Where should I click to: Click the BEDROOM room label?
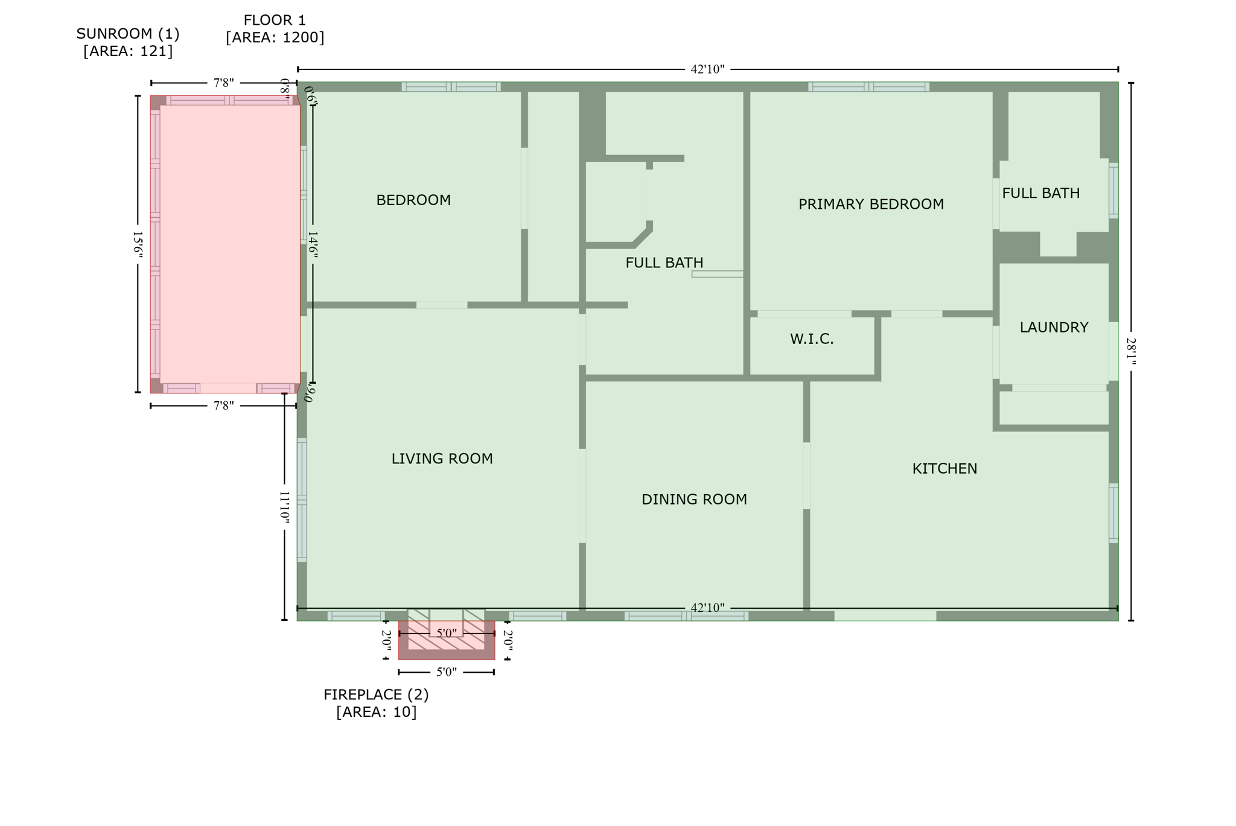(413, 200)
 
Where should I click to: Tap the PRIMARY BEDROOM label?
(871, 205)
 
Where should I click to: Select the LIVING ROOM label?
(442, 459)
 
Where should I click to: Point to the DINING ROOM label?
(694, 500)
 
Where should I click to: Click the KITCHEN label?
(945, 469)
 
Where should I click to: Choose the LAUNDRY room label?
(1054, 328)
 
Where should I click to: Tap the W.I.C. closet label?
(812, 339)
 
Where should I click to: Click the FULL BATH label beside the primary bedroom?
(1040, 194)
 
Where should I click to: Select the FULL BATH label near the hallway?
(664, 263)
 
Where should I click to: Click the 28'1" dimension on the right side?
(1130, 352)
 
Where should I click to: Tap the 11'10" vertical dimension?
(284, 507)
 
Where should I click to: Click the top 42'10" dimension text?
(707, 69)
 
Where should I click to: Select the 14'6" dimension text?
(313, 244)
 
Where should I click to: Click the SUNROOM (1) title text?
(128, 34)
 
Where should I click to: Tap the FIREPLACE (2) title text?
(376, 694)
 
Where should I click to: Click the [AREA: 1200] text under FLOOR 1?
(275, 37)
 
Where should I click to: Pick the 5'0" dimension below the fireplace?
(446, 672)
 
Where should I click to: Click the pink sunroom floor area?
(229, 247)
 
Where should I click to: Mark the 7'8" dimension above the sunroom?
(223, 83)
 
